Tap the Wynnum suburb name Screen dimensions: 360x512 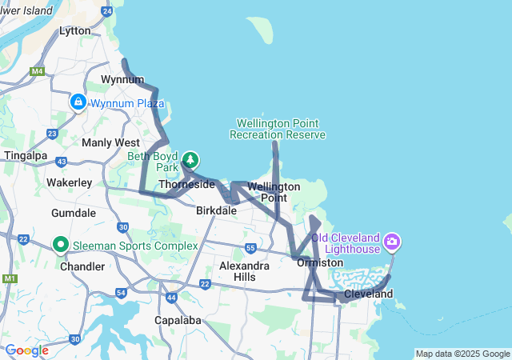pos(122,79)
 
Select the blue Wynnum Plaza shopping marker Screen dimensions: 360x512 pos(78,102)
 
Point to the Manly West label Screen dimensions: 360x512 pos(110,142)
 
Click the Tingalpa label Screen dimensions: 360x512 pos(27,154)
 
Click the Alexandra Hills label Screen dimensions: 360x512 pos(244,270)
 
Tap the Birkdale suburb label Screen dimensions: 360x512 pos(216,210)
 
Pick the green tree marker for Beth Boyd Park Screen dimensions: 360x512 pos(191,160)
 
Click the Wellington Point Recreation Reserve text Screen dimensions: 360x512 pos(278,129)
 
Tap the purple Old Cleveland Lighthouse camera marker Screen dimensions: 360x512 pos(392,240)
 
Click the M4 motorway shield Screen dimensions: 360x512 pos(37,71)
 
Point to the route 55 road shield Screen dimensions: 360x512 pos(251,248)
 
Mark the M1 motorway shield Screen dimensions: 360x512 pos(10,278)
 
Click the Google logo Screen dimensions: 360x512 pos(26,350)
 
